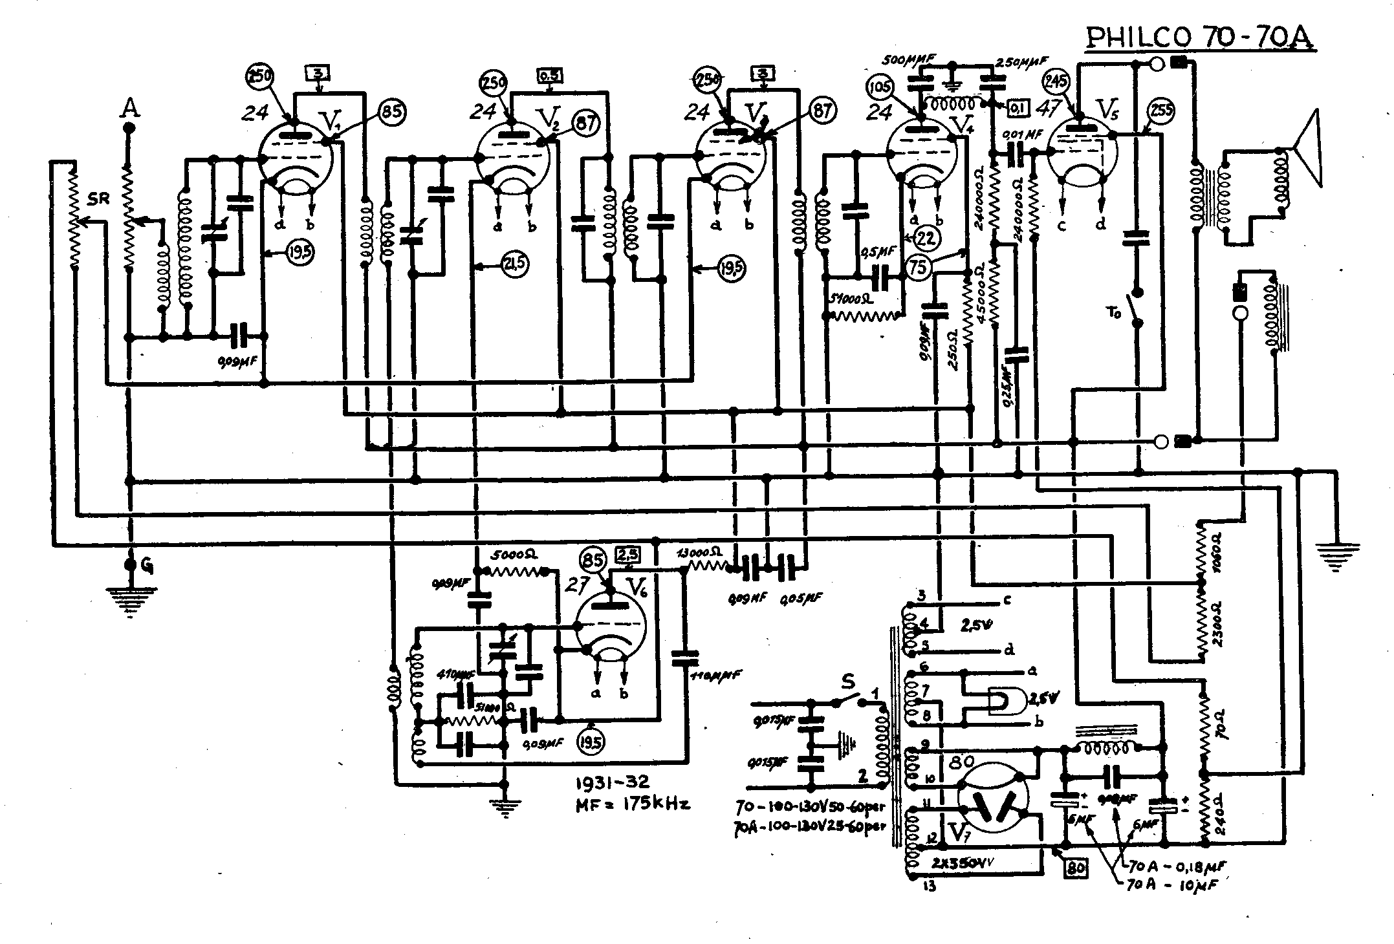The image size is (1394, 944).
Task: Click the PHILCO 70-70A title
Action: (x=1199, y=38)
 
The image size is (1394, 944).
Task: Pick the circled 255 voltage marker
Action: (x=1160, y=112)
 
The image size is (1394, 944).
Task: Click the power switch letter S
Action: (x=847, y=681)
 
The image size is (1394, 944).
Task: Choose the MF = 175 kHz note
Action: (x=633, y=804)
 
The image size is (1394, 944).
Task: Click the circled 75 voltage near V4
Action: (x=918, y=267)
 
